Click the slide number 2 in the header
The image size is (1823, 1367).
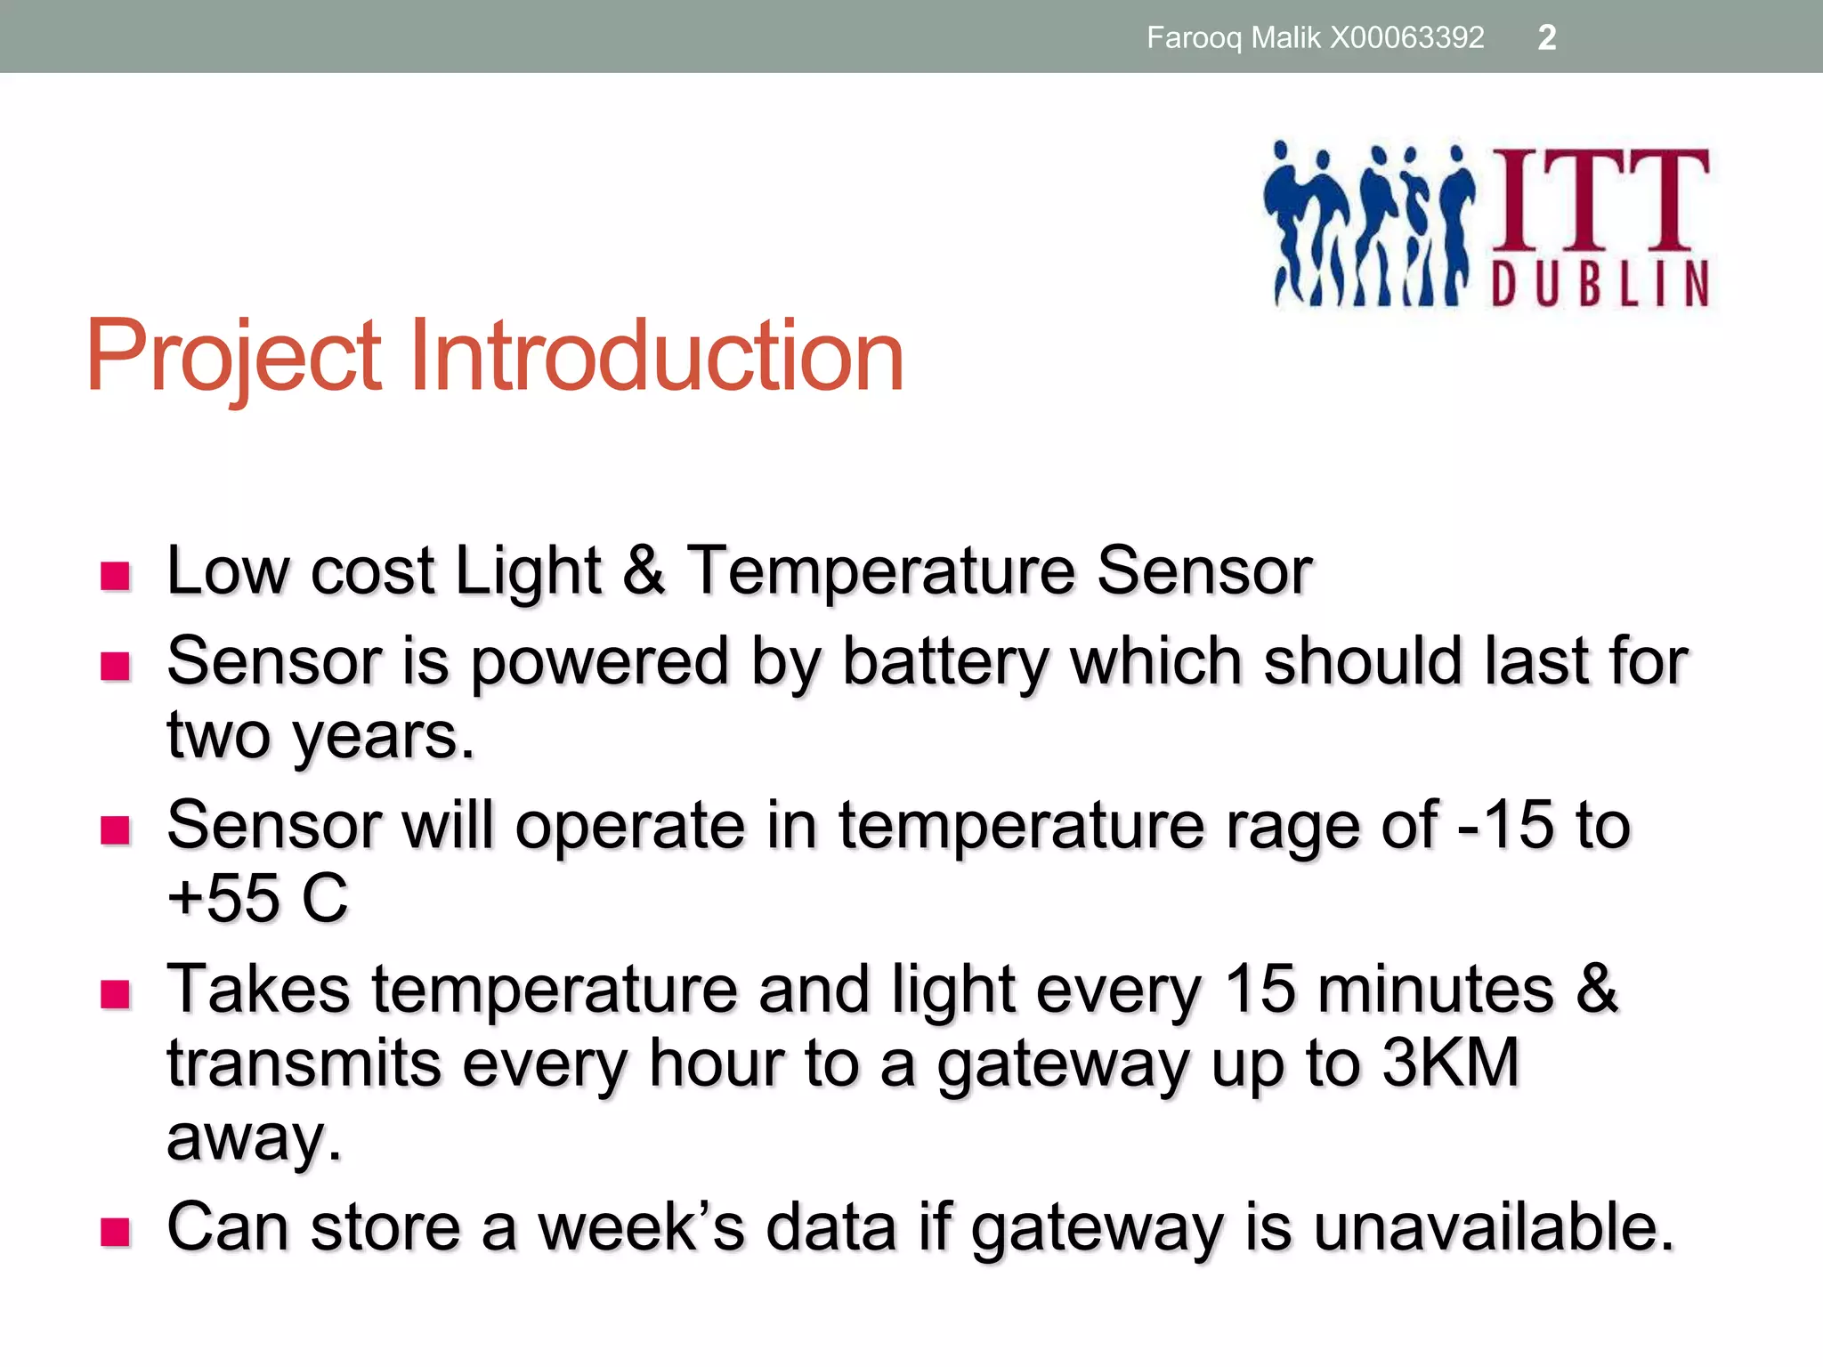point(1546,37)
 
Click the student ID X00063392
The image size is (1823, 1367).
point(1406,37)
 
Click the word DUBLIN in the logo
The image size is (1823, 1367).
point(1600,284)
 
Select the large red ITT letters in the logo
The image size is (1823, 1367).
point(1600,200)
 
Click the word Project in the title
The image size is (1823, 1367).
point(234,356)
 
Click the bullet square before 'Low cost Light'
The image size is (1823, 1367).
point(116,577)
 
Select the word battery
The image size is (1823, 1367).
point(945,663)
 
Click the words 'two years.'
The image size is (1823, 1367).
point(320,736)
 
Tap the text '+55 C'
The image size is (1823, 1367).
point(257,898)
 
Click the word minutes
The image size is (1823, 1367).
point(1435,990)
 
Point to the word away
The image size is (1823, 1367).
point(254,1138)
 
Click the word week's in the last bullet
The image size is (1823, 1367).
point(641,1227)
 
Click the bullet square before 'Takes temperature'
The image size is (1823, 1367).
point(116,994)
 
